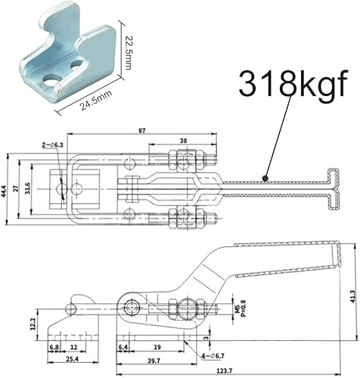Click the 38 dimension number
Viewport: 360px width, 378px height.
pos(184,141)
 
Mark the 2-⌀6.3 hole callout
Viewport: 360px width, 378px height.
pos(54,142)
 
